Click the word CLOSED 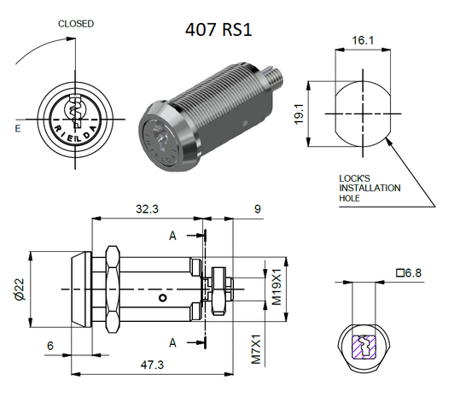click(x=76, y=24)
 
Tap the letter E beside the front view click(x=18, y=129)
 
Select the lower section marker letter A click(x=173, y=342)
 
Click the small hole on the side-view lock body click(x=162, y=298)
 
